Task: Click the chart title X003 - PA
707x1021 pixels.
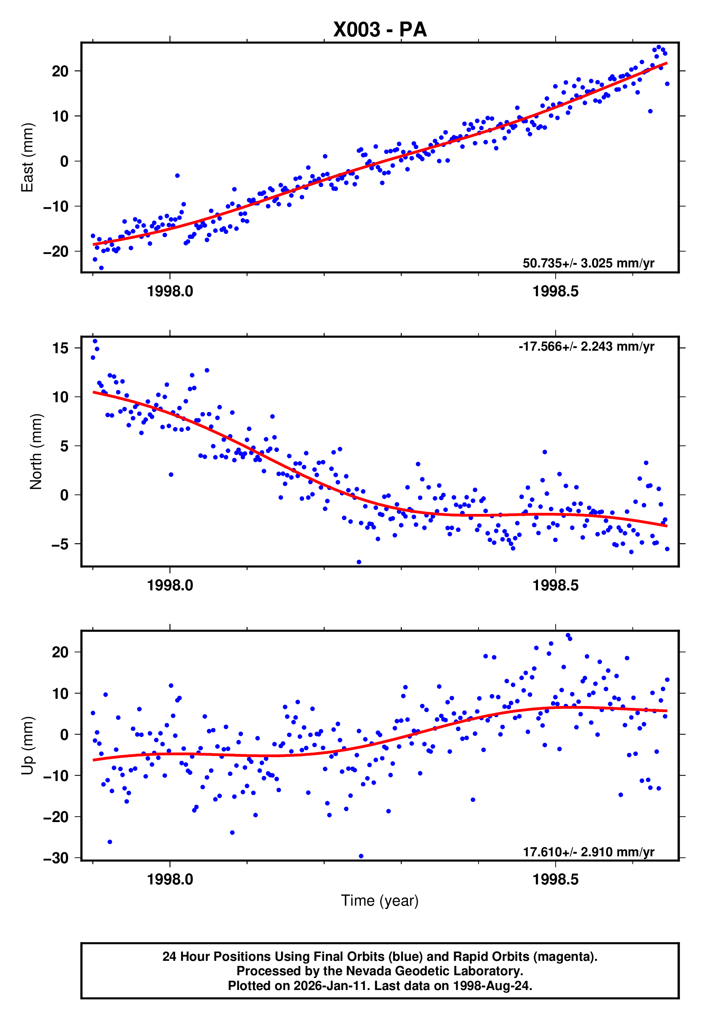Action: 380,30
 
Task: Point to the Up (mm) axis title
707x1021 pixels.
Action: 27,746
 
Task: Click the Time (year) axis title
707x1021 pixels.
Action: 380,901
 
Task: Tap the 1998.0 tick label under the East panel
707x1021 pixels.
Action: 170,292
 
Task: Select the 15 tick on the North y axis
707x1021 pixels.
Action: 60,348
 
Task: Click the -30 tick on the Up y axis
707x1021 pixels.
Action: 56,858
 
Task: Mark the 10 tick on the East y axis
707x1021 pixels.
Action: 60,116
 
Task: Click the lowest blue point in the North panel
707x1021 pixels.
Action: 359,562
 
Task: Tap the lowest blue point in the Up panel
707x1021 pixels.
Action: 361,856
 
